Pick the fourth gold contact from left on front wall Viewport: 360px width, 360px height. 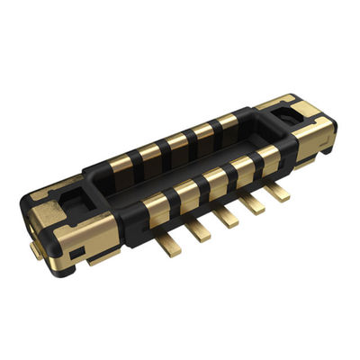241,166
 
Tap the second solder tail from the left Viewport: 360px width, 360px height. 199,229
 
